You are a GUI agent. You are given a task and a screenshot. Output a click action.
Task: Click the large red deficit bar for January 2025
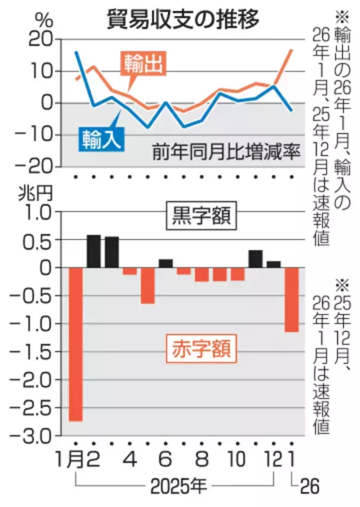tap(76, 344)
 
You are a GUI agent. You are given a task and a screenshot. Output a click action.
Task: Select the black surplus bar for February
tap(94, 251)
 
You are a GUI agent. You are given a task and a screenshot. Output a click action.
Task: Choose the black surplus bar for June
tap(166, 263)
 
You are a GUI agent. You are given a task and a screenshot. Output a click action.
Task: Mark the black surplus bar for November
tap(256, 259)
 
